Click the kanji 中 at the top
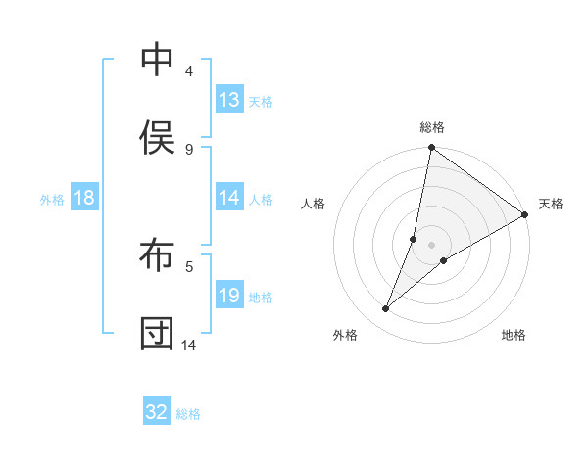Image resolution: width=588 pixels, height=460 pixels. (158, 61)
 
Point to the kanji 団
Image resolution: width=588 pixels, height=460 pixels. (158, 333)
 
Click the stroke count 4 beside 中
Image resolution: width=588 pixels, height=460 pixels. (189, 71)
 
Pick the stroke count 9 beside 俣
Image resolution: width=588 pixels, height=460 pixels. (189, 149)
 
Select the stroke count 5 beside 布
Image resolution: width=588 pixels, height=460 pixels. (189, 265)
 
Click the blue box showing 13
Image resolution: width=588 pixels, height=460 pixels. (229, 100)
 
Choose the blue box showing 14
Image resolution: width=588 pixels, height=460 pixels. (229, 198)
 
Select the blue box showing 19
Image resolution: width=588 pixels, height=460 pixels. (229, 296)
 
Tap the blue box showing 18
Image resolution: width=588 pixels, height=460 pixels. (84, 198)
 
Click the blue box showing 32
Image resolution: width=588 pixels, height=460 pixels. (157, 412)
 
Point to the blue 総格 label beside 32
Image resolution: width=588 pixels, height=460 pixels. (188, 414)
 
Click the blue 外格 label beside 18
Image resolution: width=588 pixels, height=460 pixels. (52, 200)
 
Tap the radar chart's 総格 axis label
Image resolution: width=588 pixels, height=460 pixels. (432, 127)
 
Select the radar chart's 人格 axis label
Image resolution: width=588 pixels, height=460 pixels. (313, 204)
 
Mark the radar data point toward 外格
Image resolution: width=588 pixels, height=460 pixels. (386, 309)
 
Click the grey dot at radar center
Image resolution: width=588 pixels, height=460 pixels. (432, 244)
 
